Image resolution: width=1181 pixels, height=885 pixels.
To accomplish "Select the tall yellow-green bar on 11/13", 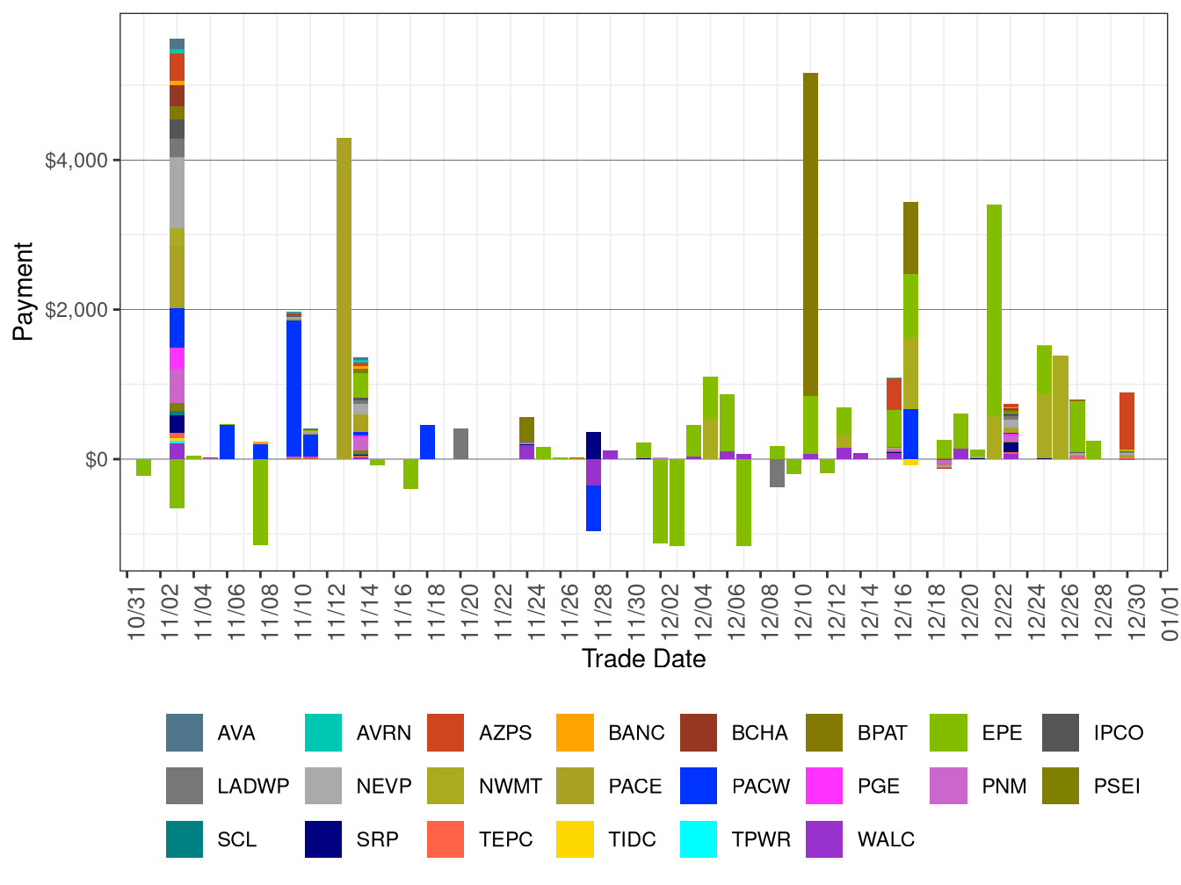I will (x=344, y=299).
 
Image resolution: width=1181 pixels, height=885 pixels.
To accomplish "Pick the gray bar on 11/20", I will (x=460, y=443).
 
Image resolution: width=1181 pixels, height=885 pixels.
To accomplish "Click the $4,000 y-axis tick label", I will (x=76, y=161).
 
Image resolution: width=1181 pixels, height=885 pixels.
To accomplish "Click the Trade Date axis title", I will (x=643, y=659).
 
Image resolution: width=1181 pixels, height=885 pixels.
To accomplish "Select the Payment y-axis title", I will (x=24, y=291).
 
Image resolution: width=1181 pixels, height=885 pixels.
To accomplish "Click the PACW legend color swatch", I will (x=699, y=786).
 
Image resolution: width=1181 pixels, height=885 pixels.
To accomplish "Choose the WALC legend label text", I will (x=886, y=839).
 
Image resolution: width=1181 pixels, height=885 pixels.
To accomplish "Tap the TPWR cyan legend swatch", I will (x=699, y=839).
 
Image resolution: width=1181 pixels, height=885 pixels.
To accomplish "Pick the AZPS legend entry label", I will (x=505, y=733).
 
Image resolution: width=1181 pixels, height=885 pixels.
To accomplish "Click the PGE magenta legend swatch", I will (x=824, y=786).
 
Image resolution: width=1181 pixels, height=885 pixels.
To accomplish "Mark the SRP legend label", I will (x=377, y=839).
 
